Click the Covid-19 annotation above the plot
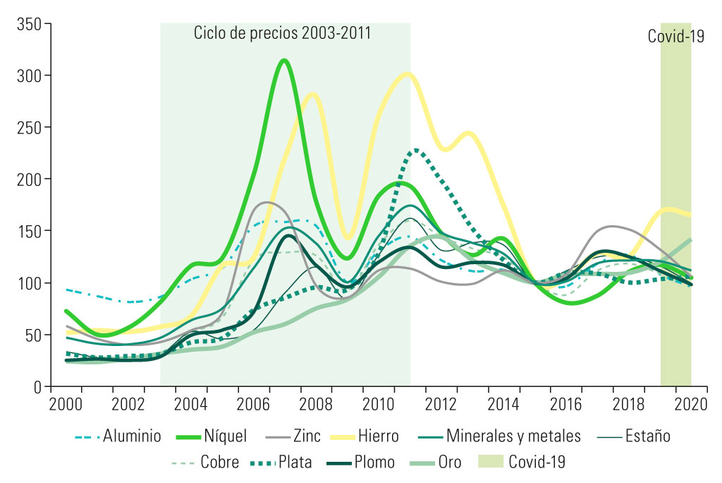(x=676, y=36)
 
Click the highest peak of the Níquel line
(x=284, y=60)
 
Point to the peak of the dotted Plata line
(x=417, y=150)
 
